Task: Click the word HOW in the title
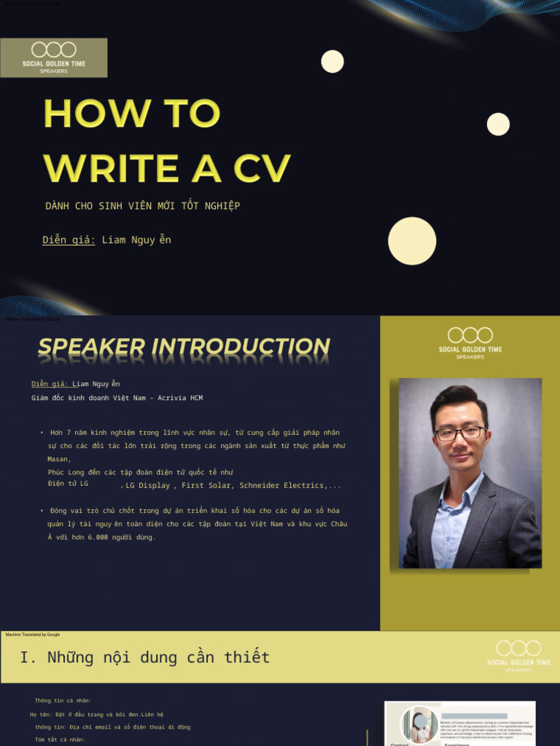[96, 114]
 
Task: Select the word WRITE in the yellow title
[111, 168]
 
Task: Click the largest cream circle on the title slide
[412, 241]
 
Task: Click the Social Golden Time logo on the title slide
[54, 58]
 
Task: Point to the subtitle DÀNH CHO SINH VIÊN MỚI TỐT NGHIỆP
[143, 206]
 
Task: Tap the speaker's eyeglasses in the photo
[459, 433]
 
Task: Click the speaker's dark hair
[458, 400]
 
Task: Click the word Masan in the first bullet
[58, 459]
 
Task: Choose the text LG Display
[147, 485]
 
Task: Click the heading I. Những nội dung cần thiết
[145, 657]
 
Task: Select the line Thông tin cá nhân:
[63, 701]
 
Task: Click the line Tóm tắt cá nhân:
[61, 739]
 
